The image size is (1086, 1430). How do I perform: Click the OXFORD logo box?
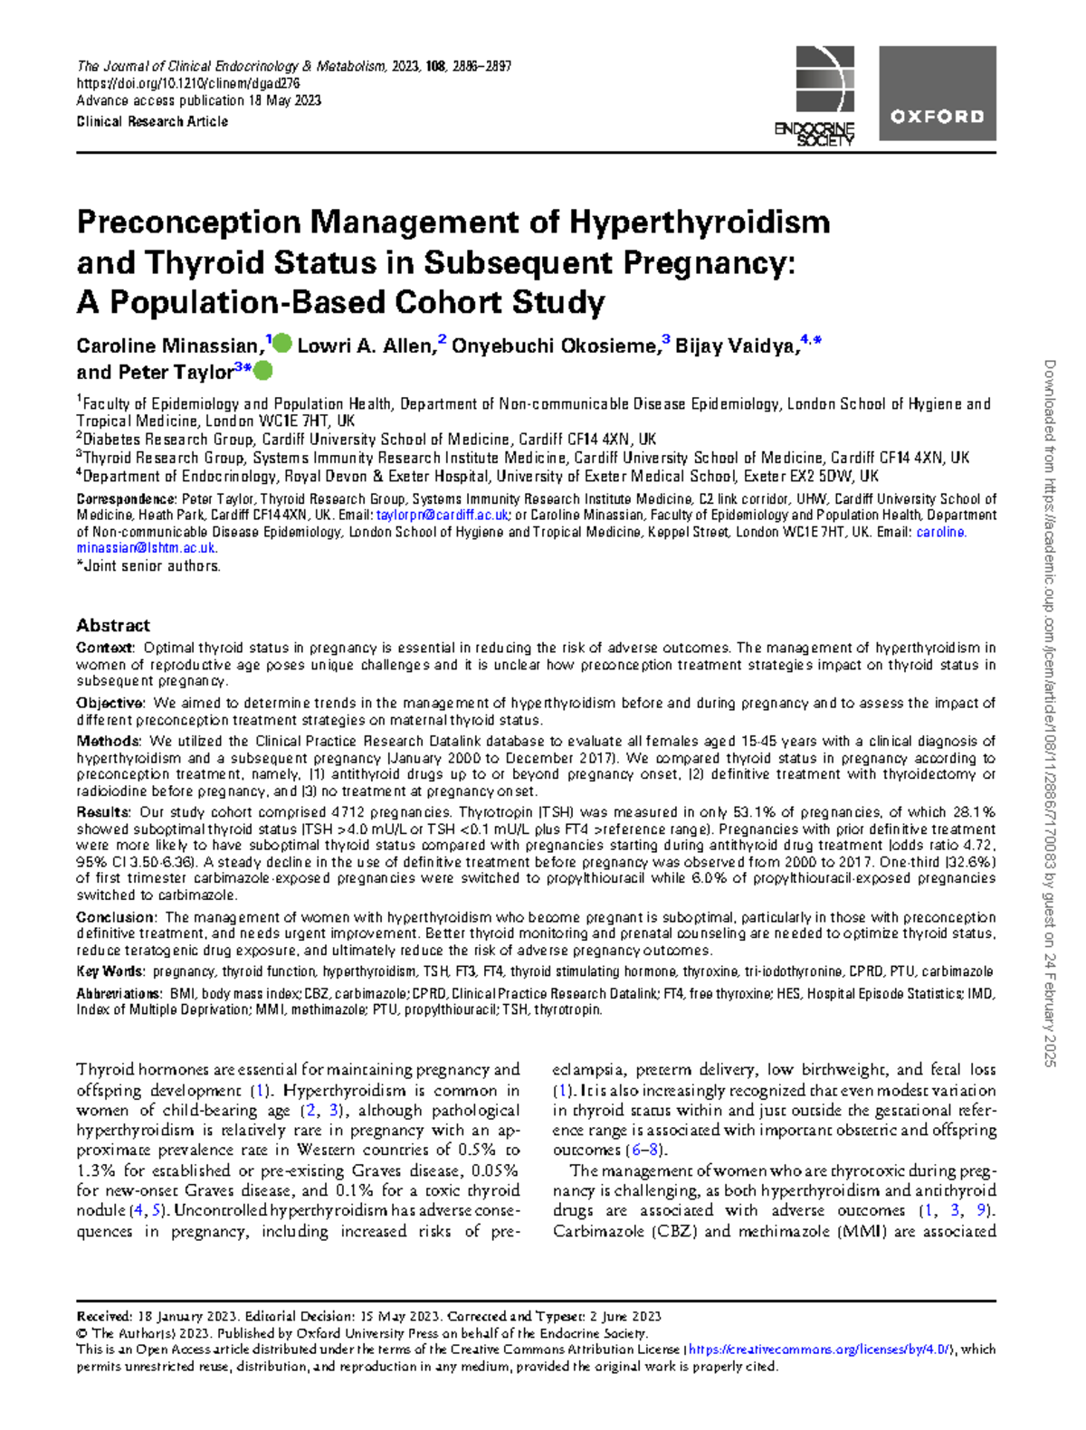[x=938, y=93]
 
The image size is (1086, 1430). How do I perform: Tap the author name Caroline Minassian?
[x=169, y=346]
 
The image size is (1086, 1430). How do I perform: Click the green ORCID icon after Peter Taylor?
[x=262, y=371]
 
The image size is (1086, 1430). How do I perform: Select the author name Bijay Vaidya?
[x=736, y=346]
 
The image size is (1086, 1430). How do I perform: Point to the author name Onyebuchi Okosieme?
[x=555, y=346]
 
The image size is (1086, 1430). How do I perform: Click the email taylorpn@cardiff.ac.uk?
[x=443, y=516]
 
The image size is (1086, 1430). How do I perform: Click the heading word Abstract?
[x=113, y=625]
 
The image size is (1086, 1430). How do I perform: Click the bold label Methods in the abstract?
[x=108, y=741]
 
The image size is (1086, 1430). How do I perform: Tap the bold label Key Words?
[x=110, y=971]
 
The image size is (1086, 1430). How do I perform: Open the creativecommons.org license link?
[x=820, y=1350]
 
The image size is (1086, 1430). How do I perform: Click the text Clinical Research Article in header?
[x=152, y=121]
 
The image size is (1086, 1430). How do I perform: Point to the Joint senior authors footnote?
[x=149, y=566]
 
